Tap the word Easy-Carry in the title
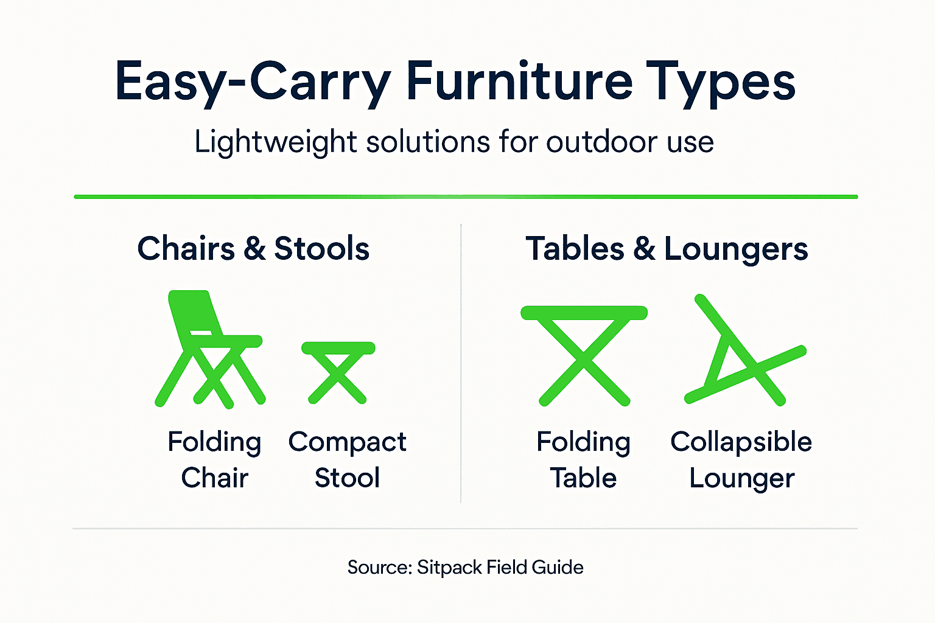tap(252, 82)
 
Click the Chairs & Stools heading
tap(253, 249)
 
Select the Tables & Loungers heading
tap(667, 249)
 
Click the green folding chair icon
tap(210, 350)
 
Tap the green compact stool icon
tap(338, 371)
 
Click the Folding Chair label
tap(214, 459)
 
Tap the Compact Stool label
tap(347, 459)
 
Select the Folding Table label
tap(583, 459)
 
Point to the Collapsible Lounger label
tap(741, 459)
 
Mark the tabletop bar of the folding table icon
tap(584, 313)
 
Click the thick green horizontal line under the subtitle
tap(466, 197)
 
